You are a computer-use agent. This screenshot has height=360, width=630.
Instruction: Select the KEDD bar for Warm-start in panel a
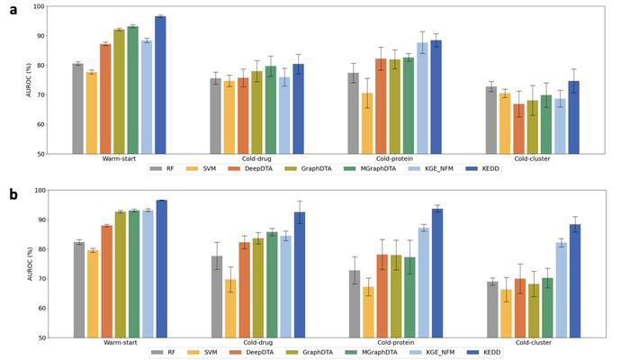click(160, 85)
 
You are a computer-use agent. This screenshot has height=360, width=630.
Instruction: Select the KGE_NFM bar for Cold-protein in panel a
click(420, 98)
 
